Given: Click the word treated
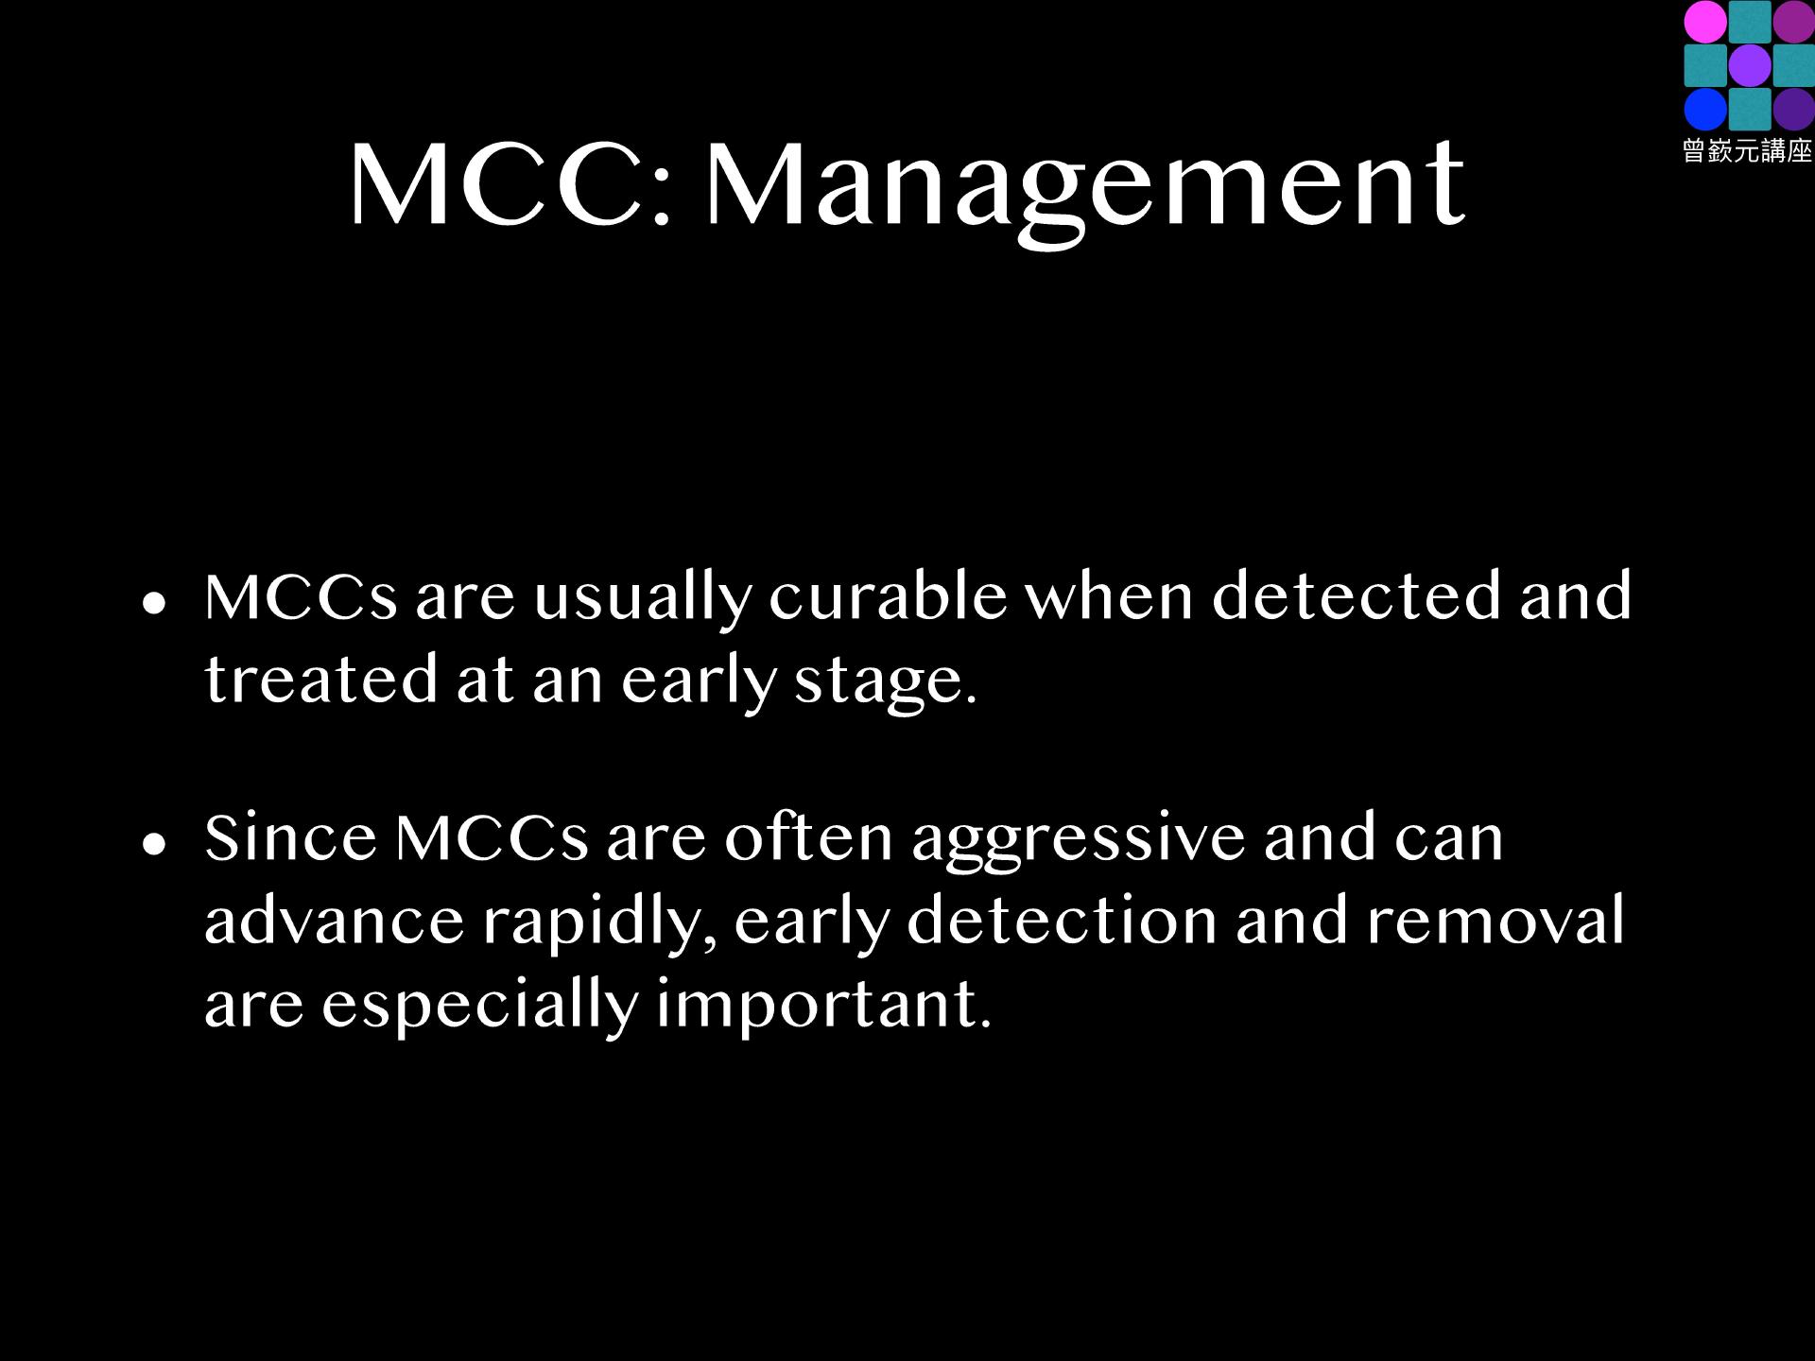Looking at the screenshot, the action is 321,680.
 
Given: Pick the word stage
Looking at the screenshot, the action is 886,683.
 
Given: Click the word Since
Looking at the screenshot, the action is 291,837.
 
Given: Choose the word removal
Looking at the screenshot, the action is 1495,920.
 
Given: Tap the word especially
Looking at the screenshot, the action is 480,1007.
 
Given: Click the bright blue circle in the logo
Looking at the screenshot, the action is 1705,109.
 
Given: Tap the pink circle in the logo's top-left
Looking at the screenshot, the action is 1705,22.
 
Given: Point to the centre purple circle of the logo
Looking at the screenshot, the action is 1749,65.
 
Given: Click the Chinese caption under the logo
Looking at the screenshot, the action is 1747,151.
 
